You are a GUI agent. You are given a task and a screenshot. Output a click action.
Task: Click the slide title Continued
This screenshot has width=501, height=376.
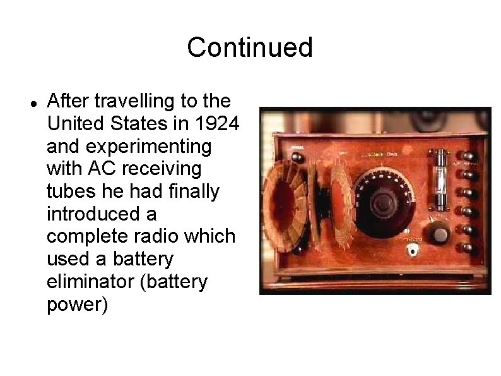click(250, 47)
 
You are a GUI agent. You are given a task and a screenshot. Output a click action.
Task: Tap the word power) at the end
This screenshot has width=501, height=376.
click(78, 305)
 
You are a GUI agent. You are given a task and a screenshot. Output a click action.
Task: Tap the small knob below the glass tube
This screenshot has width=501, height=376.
click(440, 234)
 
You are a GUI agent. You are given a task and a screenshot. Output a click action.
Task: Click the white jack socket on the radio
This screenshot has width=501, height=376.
click(414, 250)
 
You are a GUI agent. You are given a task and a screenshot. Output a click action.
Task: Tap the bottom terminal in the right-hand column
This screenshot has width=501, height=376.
click(469, 248)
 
